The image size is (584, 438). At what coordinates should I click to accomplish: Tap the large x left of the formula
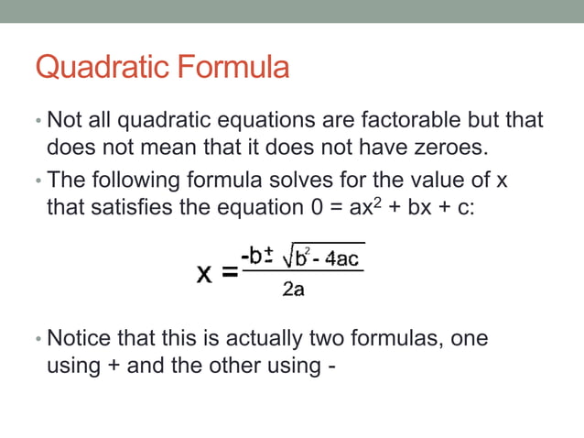pos(207,274)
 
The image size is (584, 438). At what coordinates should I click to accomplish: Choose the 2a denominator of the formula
pos(294,290)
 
